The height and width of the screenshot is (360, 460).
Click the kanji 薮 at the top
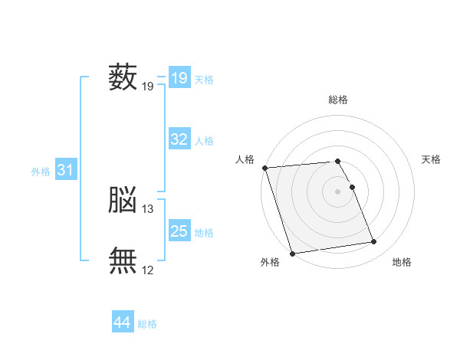coord(123,77)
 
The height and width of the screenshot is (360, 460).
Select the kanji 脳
coord(123,199)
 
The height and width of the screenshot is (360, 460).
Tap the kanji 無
coord(123,260)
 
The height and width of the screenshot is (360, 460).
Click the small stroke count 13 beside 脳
coord(147,209)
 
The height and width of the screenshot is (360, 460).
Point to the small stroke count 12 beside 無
coord(147,270)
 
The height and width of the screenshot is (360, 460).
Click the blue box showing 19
coord(179,77)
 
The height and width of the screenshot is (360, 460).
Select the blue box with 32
coord(179,139)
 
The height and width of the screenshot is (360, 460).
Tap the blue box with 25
coord(179,230)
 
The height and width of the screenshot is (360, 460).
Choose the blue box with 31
coord(66,169)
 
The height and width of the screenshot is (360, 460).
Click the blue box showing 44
coord(123,321)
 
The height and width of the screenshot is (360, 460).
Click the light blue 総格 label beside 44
coord(147,324)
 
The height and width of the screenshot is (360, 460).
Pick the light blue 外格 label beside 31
coord(41,172)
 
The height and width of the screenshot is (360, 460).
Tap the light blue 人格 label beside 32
coord(204,141)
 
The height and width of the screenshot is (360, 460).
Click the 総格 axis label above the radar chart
coord(338,100)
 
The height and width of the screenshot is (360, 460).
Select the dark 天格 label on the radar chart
coord(431,159)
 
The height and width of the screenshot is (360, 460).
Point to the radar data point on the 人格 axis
coord(265,168)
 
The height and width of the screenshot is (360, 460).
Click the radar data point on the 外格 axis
coord(292,254)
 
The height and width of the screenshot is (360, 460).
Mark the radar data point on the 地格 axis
coord(374,241)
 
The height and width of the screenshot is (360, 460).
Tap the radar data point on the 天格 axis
coord(353,187)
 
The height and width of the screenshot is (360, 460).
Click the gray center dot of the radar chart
coord(337,191)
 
